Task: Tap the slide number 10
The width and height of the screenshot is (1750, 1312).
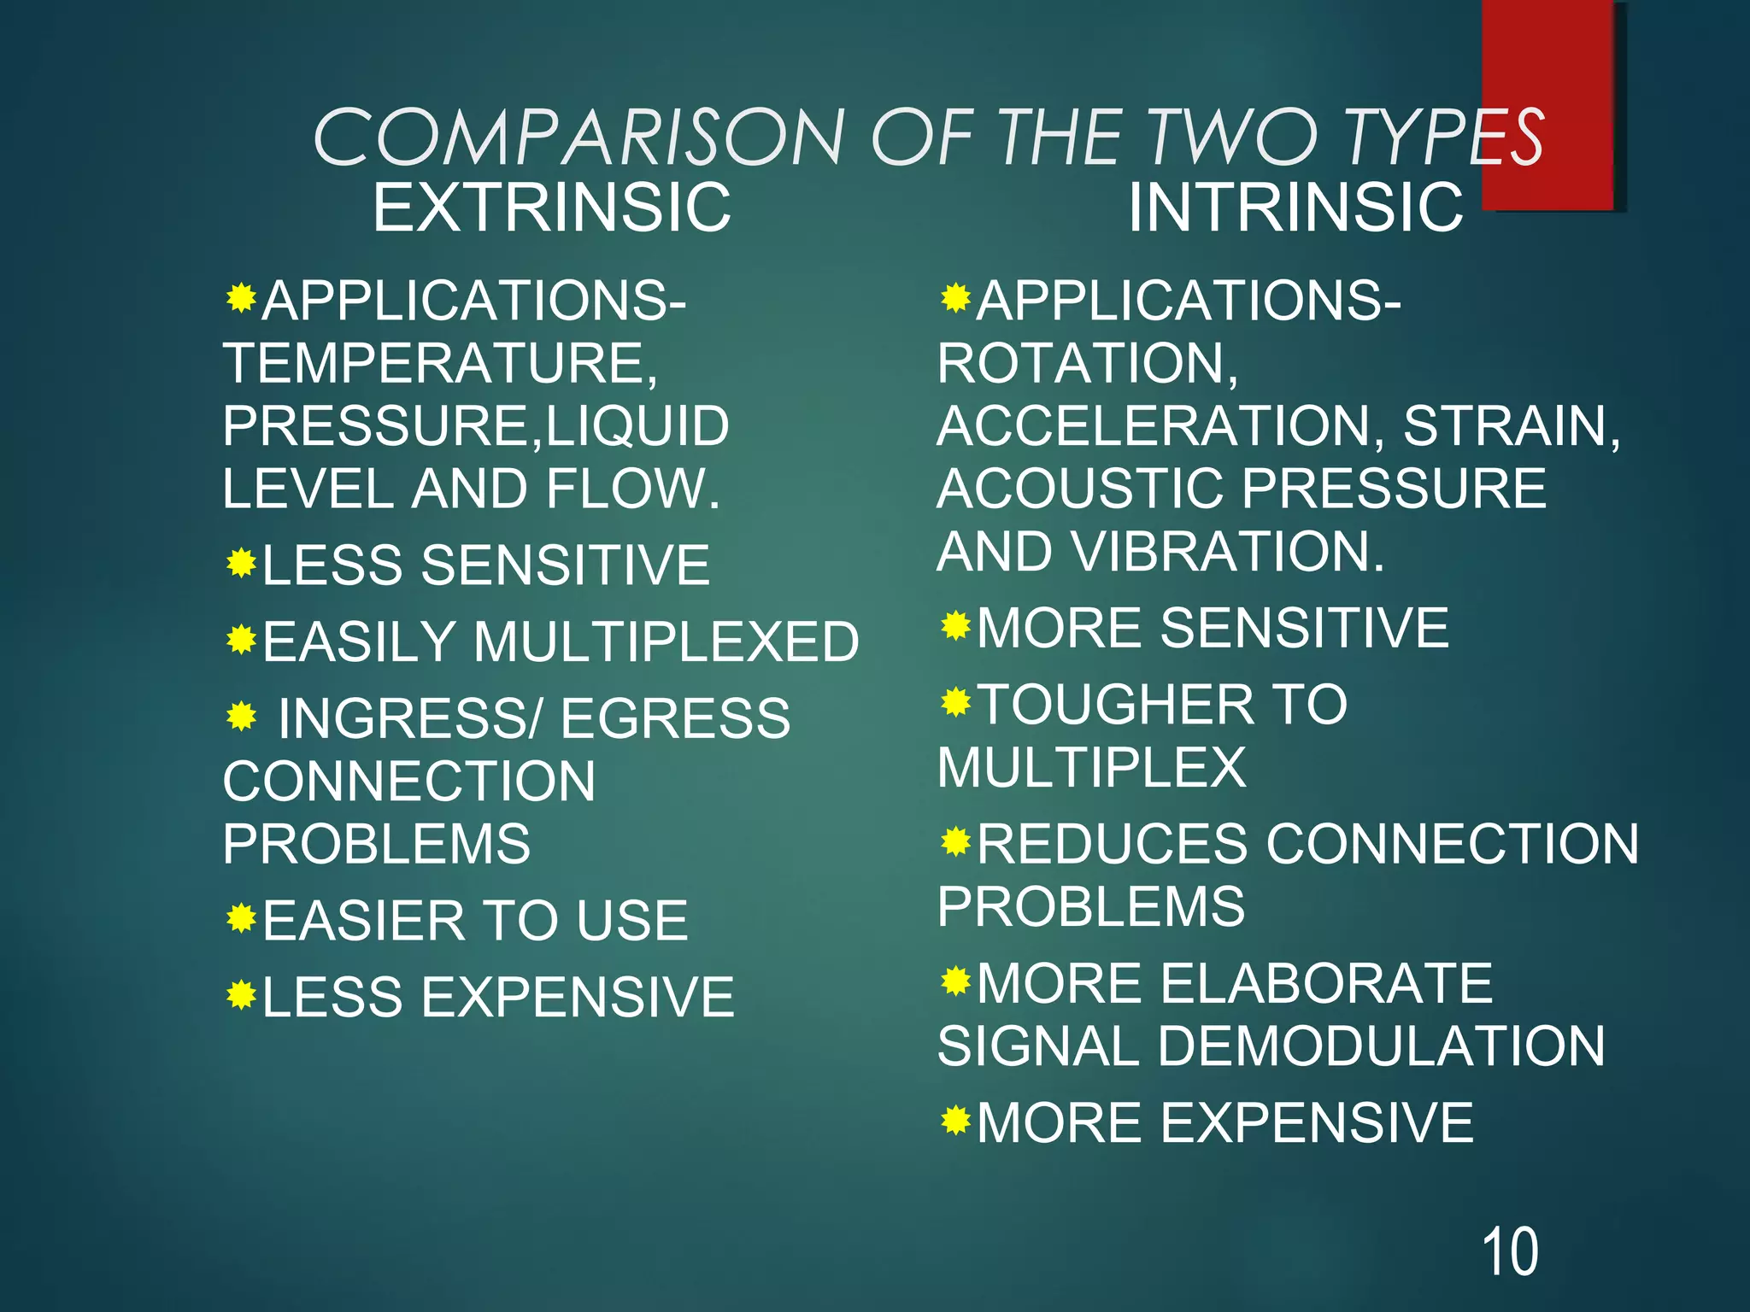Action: coord(1510,1252)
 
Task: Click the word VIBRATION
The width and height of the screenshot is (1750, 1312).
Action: coord(1227,551)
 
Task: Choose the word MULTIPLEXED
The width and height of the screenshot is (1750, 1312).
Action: coord(667,641)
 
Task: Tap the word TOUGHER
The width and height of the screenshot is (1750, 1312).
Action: coord(1115,705)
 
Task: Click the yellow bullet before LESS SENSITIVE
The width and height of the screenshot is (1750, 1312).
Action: coord(242,563)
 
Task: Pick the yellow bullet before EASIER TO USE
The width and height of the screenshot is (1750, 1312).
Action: coord(242,918)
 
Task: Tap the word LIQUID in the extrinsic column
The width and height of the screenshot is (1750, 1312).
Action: coord(637,425)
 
